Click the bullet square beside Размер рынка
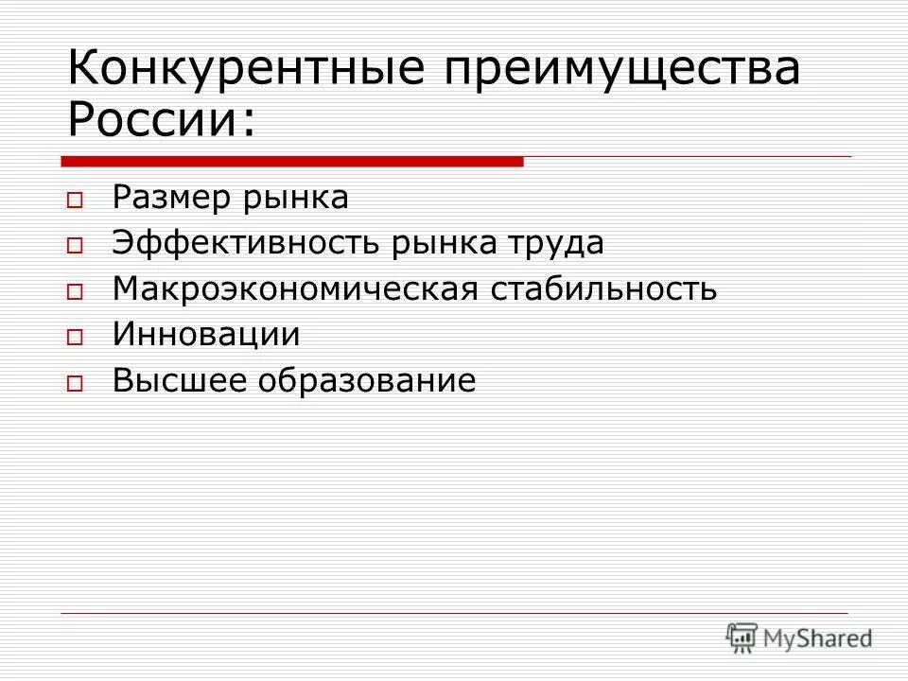tap(75, 201)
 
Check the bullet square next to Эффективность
tap(75, 246)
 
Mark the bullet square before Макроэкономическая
tap(75, 291)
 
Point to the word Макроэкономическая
tap(294, 289)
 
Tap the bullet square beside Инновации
tap(75, 337)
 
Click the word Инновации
tap(206, 335)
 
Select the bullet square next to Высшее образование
tap(75, 383)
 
